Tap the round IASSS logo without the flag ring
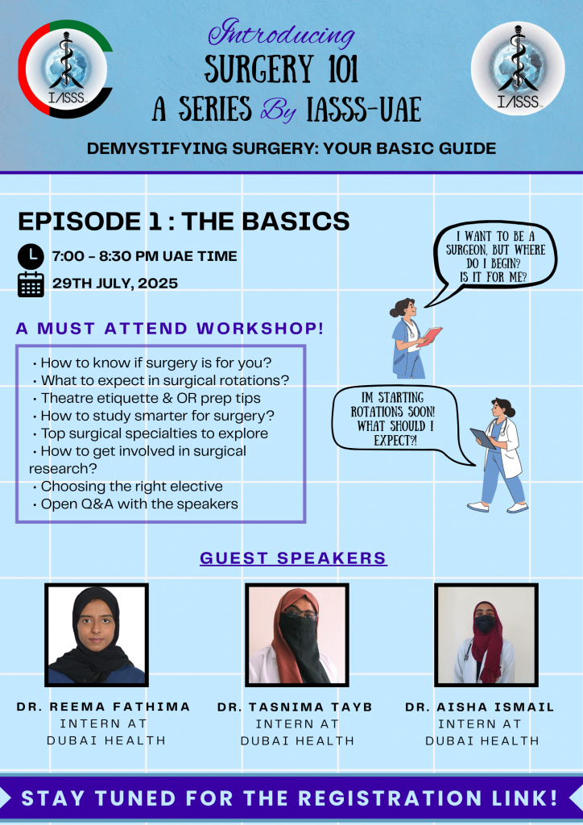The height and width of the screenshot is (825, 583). pyautogui.click(x=518, y=68)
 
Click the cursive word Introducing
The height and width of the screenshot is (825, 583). pyautogui.click(x=282, y=33)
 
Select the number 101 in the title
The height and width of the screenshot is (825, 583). pyautogui.click(x=335, y=69)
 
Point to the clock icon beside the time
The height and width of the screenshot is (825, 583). pyautogui.click(x=31, y=256)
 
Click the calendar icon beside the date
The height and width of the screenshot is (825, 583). pyautogui.click(x=31, y=284)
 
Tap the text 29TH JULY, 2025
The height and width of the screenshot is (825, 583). pyautogui.click(x=115, y=283)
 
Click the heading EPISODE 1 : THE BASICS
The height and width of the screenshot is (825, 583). pyautogui.click(x=184, y=221)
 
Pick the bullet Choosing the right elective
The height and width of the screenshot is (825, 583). pyautogui.click(x=128, y=486)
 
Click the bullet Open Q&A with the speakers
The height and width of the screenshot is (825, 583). pyautogui.click(x=135, y=504)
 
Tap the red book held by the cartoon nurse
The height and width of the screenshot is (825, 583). pyautogui.click(x=432, y=335)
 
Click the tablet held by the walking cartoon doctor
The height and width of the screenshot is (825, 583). pyautogui.click(x=482, y=437)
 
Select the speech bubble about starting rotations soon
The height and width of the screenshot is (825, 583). pyautogui.click(x=399, y=421)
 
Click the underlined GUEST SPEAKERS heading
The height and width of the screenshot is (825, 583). pyautogui.click(x=293, y=558)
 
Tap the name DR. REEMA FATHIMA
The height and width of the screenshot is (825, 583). pyautogui.click(x=104, y=707)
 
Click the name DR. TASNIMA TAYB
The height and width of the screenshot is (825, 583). pyautogui.click(x=295, y=707)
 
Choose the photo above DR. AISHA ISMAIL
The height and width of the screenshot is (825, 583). pyautogui.click(x=486, y=635)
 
